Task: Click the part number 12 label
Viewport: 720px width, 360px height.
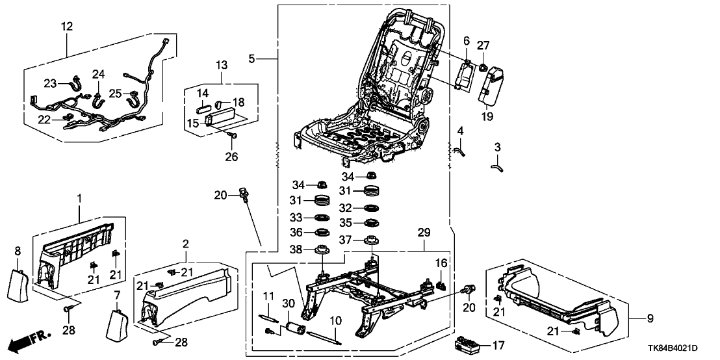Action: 67,27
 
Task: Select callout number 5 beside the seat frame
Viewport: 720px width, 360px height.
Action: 251,58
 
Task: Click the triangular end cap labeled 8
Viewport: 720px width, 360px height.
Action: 19,279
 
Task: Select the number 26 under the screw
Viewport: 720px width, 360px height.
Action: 232,157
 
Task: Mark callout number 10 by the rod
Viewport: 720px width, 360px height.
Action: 335,320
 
